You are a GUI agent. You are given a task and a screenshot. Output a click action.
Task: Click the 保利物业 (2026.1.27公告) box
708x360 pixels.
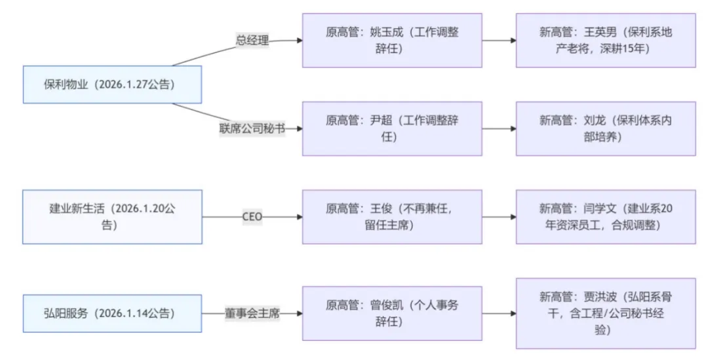tap(112, 85)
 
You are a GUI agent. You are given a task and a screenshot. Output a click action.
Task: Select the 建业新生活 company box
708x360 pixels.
tap(112, 217)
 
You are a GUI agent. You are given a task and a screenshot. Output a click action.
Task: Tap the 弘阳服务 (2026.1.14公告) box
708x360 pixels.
tap(112, 313)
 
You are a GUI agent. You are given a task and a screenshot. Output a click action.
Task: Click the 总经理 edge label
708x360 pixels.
tap(252, 40)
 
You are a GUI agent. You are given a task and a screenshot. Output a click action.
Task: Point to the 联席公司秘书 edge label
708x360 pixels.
tap(252, 129)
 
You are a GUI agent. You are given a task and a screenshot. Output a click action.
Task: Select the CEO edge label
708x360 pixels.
tap(252, 217)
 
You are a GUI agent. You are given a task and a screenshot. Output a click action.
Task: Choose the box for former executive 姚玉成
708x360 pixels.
tap(392, 40)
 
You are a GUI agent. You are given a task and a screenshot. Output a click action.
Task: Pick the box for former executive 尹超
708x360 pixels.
tap(392, 129)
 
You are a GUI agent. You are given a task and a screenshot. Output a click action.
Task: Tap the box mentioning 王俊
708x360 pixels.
tap(392, 217)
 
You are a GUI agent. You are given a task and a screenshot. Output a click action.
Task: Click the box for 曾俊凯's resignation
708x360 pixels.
tap(392, 313)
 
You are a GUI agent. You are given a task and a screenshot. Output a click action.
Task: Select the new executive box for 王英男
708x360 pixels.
tap(606, 40)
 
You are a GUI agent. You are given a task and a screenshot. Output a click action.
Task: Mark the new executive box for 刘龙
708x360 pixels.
tap(606, 129)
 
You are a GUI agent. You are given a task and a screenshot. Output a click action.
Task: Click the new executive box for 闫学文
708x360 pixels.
tap(606, 217)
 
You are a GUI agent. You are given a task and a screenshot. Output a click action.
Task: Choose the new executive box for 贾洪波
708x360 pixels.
tap(606, 313)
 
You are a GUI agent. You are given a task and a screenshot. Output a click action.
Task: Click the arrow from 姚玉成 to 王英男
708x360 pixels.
tap(499, 40)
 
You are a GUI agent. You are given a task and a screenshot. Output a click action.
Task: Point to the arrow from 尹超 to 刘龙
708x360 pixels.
tap(499, 129)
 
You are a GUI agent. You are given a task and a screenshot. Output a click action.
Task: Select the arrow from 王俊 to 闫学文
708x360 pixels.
tap(499, 217)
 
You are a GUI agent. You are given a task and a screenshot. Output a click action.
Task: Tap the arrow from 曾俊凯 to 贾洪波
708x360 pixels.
tap(499, 313)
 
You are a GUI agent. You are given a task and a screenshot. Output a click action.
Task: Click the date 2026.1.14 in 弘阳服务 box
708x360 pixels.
tap(123, 313)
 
